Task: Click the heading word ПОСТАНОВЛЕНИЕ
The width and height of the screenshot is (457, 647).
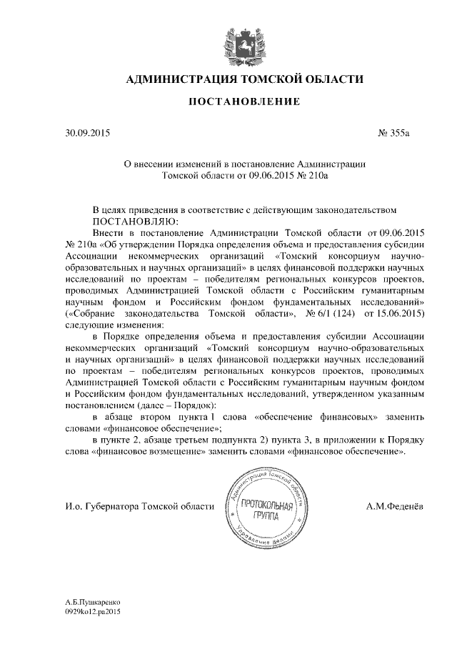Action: [243, 103]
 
